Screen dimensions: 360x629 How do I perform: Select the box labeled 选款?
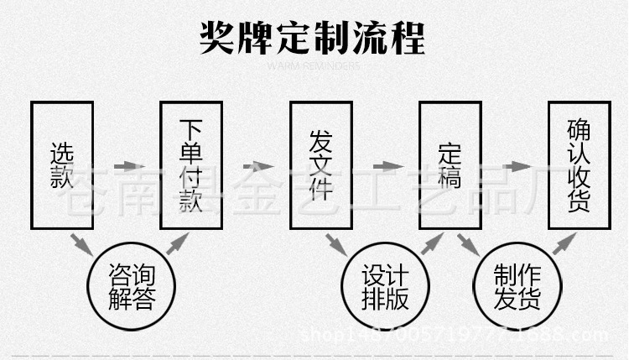(x=62, y=165)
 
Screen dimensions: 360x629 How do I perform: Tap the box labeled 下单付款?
(x=191, y=165)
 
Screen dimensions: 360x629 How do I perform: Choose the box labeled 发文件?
(x=321, y=165)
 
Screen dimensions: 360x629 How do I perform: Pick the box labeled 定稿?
(x=450, y=165)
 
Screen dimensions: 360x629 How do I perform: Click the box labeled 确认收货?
(x=579, y=165)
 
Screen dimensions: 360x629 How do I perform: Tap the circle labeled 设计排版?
(x=383, y=286)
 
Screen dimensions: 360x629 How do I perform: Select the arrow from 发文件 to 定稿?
(x=385, y=166)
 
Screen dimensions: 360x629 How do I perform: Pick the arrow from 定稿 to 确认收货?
(x=514, y=166)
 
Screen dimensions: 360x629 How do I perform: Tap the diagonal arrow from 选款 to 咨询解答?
(x=81, y=244)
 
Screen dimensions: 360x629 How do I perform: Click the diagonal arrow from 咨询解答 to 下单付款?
(x=177, y=243)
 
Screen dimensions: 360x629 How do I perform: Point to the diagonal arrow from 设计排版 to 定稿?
(x=431, y=243)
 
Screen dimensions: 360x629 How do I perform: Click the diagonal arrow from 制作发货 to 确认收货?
(x=563, y=243)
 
